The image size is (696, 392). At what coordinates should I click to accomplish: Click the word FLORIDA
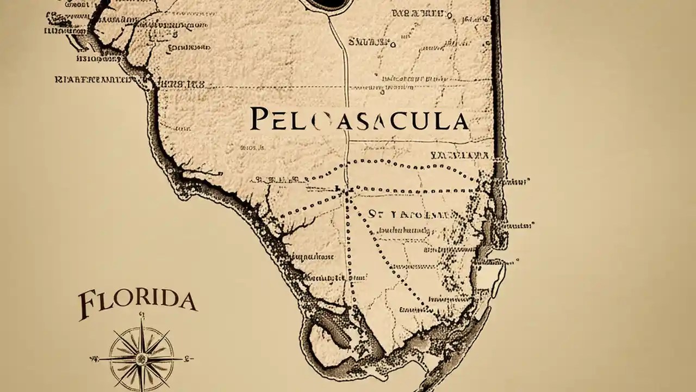click(138, 303)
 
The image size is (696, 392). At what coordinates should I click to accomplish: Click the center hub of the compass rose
click(141, 358)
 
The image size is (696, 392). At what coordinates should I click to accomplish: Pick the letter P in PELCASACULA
click(259, 119)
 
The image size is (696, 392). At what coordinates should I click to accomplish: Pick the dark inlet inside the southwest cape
click(334, 332)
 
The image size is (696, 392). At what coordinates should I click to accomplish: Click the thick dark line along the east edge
click(496, 82)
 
